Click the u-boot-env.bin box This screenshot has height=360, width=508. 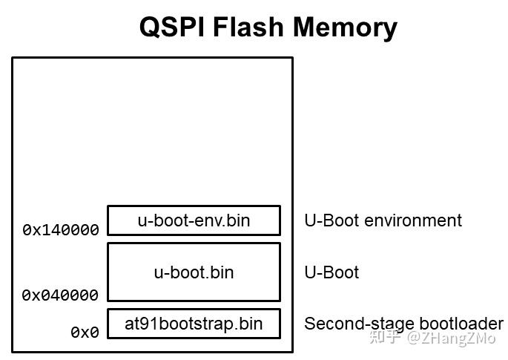click(x=194, y=220)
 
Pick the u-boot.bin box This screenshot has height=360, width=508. click(x=194, y=272)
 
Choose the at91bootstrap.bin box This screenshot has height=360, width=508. click(x=194, y=324)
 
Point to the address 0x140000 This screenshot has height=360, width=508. click(x=61, y=230)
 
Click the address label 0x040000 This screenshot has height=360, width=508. click(x=61, y=295)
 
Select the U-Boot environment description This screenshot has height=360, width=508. click(x=383, y=220)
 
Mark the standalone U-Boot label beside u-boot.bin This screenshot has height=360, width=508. click(x=331, y=272)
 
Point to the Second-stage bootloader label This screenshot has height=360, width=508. click(x=403, y=324)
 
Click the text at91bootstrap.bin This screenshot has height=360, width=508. click(x=194, y=324)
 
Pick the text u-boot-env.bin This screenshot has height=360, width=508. click(x=194, y=220)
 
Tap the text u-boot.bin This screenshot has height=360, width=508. click(x=194, y=272)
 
